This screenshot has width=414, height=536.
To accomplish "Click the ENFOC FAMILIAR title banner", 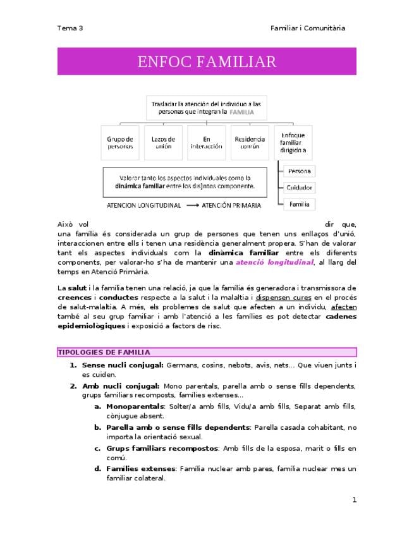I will click(207, 61).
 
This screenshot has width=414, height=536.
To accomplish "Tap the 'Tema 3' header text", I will click(70, 28).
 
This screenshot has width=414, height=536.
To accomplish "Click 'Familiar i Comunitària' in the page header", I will click(307, 28).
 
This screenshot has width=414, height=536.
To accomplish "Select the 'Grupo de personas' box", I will click(120, 143).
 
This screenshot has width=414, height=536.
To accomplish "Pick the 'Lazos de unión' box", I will click(163, 143).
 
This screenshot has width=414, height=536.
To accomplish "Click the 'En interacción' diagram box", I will click(206, 143).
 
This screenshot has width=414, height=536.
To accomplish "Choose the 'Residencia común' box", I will click(250, 143).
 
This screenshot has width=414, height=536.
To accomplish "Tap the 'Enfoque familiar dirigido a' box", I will click(293, 143).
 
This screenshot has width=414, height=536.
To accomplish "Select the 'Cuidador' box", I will click(299, 188).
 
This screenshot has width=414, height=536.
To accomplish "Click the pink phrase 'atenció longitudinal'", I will click(274, 262).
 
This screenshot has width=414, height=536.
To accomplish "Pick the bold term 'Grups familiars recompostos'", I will click(162, 448).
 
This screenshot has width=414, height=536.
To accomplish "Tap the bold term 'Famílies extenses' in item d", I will click(140, 469).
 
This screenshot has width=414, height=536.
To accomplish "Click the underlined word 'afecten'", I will click(342, 308).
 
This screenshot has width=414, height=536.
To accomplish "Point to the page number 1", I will click(355, 500).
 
